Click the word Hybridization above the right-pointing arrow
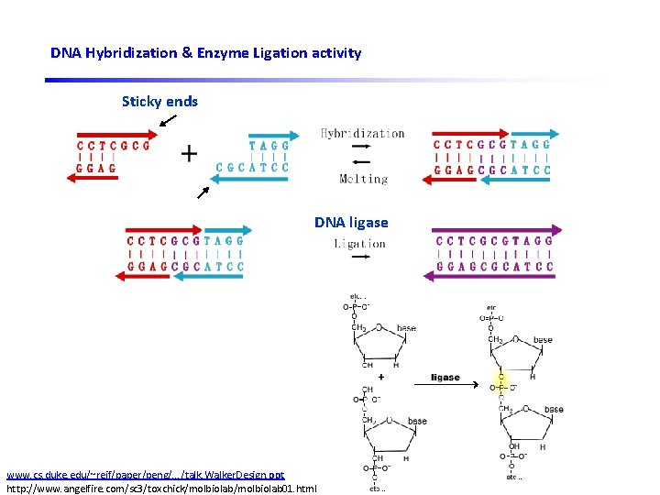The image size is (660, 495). (x=362, y=134)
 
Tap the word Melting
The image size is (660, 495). (x=363, y=179)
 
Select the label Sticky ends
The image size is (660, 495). (x=159, y=101)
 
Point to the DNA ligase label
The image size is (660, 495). (x=351, y=223)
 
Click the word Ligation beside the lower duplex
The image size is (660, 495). (x=359, y=244)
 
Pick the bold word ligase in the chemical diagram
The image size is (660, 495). (x=445, y=378)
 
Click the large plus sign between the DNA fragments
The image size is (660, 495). (x=189, y=153)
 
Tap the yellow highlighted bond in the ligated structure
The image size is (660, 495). (x=500, y=380)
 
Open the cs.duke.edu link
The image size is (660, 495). (x=145, y=475)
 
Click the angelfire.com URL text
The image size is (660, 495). (x=160, y=488)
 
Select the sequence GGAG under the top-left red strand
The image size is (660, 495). (x=96, y=169)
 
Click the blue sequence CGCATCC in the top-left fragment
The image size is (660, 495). (x=252, y=168)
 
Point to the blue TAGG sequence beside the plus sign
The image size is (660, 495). (x=269, y=145)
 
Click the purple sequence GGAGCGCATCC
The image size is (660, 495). (x=495, y=267)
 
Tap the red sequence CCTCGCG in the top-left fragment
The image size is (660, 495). (x=114, y=145)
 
